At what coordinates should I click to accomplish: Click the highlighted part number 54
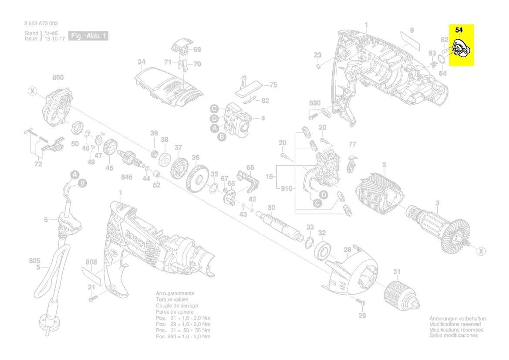[459, 30]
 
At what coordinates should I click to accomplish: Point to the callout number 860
[58, 78]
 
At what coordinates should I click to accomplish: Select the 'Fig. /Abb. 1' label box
[89, 36]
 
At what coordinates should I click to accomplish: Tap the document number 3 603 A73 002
[41, 24]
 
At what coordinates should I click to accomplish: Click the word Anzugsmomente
[175, 294]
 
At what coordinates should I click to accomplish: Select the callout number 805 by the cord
[35, 261]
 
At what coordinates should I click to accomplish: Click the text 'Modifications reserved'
[455, 324]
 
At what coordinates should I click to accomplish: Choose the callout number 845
[127, 177]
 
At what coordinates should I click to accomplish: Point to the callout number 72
[38, 164]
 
